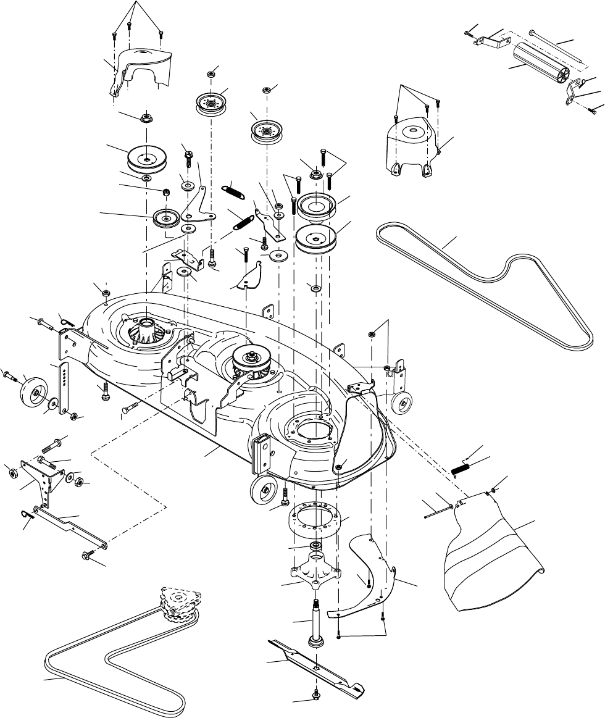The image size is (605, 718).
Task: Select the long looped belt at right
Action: [494, 284]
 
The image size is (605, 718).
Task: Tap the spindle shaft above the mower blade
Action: [315, 624]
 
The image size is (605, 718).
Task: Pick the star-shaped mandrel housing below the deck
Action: [315, 570]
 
